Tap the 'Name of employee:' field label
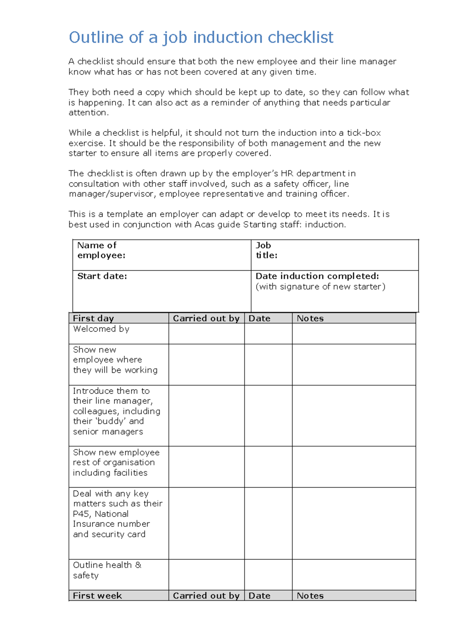pos(101,250)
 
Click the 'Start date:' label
pos(102,276)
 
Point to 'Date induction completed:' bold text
pos(317,276)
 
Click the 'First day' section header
pos(93,318)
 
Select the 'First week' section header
pos(97,595)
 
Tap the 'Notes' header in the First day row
pos(310,318)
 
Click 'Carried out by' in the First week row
pos(206,595)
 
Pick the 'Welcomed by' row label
pos(101,329)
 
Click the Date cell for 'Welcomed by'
pos(268,333)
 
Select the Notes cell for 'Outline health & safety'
pos(353,574)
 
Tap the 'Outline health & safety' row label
pos(107,570)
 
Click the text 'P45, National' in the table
pos(101,514)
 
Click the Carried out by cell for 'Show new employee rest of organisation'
pos(206,466)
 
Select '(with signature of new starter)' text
pos(320,287)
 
